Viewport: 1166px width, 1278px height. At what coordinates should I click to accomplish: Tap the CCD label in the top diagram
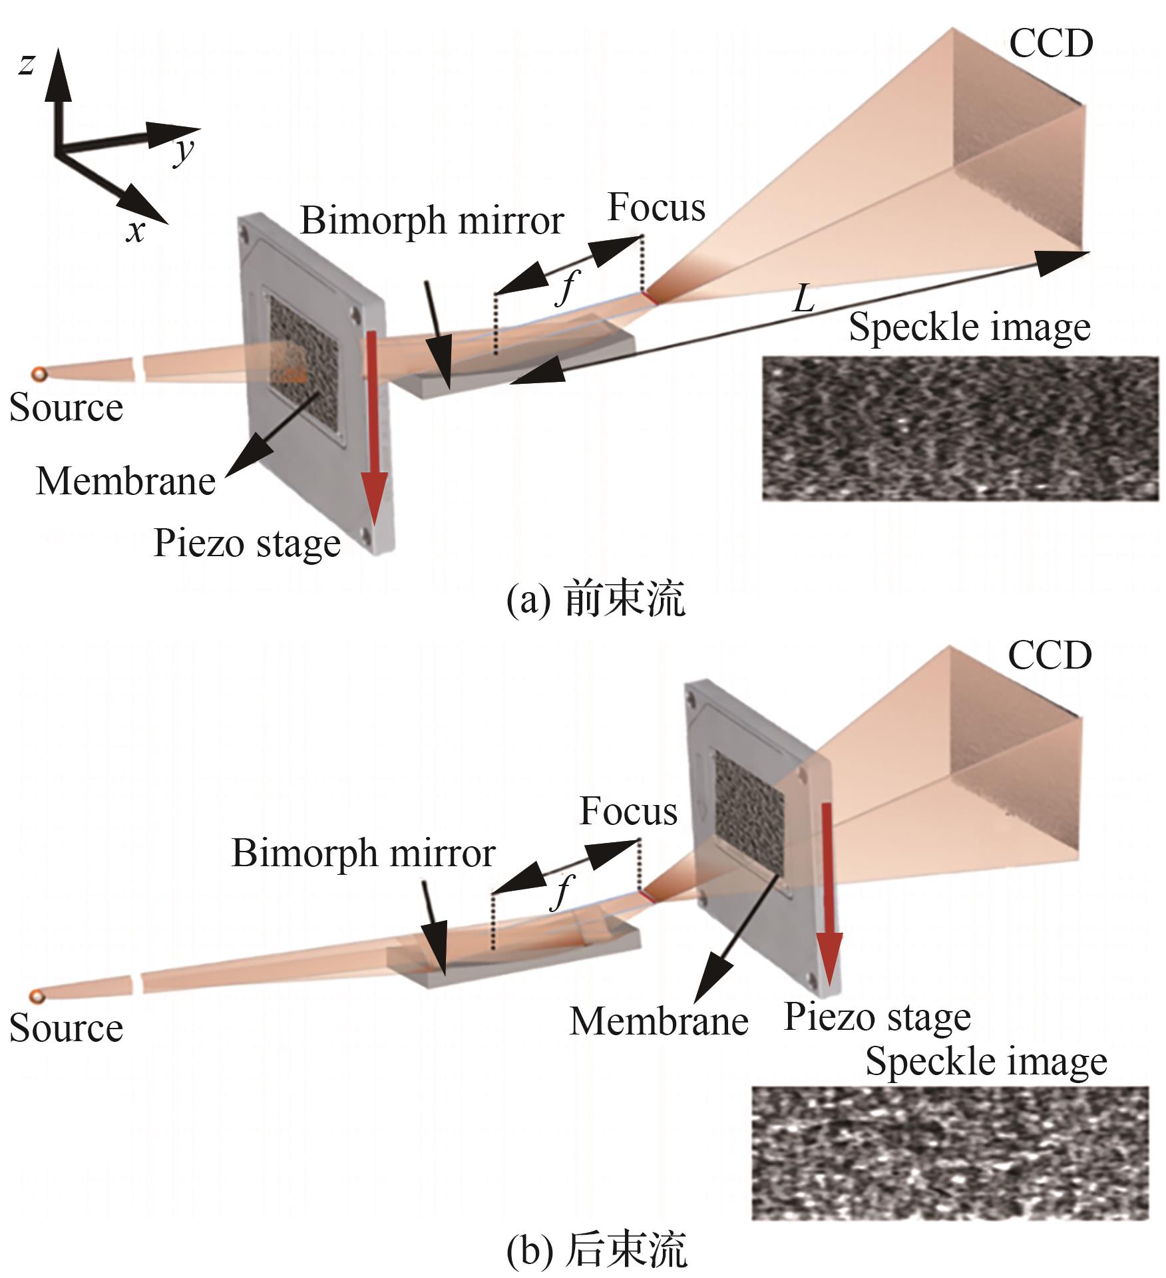click(1051, 44)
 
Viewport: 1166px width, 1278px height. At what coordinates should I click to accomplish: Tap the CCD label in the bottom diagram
click(1050, 656)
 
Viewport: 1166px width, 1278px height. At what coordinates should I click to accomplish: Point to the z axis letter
click(27, 65)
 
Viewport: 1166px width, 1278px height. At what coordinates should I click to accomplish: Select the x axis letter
click(136, 232)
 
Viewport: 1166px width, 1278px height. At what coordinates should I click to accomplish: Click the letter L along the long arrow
click(803, 301)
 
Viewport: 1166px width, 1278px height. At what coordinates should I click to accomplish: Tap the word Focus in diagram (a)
click(656, 208)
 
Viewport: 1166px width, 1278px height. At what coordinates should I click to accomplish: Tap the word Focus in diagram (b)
click(628, 811)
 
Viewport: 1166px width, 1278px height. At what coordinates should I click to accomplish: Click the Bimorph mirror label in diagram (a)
click(432, 221)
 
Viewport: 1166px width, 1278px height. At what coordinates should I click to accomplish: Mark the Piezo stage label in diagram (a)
click(247, 544)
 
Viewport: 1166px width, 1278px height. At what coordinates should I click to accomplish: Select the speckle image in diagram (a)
click(960, 428)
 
